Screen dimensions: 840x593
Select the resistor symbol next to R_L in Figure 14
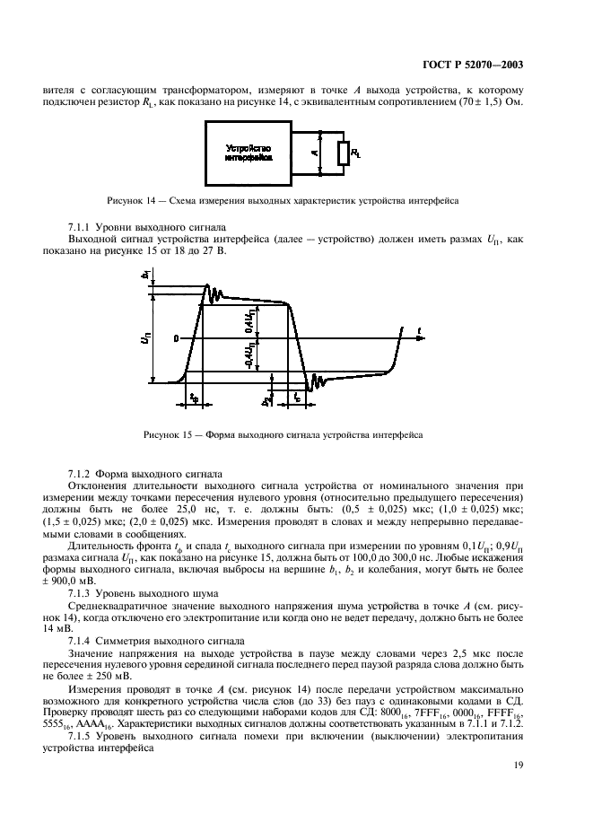tap(343, 153)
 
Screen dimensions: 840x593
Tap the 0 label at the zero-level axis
tap(177, 338)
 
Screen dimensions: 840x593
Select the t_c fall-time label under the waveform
tap(297, 395)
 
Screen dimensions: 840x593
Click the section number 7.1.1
tap(83, 228)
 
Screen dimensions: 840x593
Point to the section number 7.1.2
tap(83, 472)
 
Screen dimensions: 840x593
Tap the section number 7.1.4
tap(83, 643)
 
